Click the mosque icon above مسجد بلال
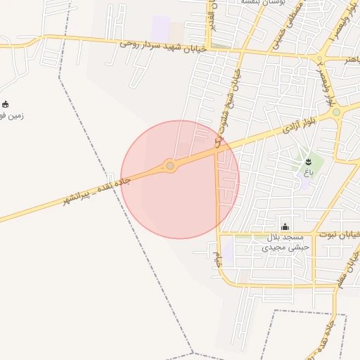[285, 226]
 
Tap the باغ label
[308, 172]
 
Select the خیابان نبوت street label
[339, 233]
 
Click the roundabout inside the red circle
[169, 166]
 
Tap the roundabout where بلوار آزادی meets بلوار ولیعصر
[336, 112]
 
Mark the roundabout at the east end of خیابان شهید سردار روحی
[320, 59]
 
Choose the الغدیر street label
[210, 15]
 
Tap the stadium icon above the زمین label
[6, 104]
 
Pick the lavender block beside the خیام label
[227, 250]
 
